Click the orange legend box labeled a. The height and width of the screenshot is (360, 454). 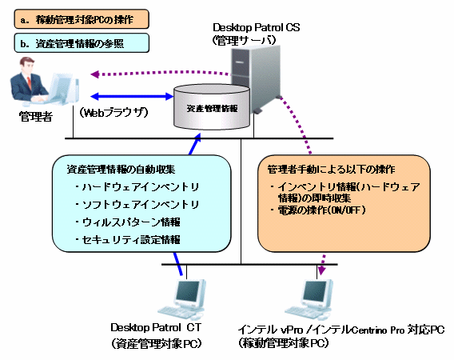[82, 19]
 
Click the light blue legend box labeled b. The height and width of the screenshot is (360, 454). [82, 43]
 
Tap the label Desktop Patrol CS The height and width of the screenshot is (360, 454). [257, 27]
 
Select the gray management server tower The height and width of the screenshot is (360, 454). [256, 78]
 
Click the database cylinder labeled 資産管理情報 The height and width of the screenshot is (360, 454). [211, 106]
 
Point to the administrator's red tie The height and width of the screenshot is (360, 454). [29, 82]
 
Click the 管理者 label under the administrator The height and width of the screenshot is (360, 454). [36, 117]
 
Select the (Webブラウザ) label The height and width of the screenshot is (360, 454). [113, 113]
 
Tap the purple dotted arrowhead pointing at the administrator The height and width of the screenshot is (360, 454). [94, 74]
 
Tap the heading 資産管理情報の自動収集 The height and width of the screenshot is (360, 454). [121, 169]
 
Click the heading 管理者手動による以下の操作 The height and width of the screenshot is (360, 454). [331, 169]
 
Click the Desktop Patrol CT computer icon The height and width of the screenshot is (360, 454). [182, 299]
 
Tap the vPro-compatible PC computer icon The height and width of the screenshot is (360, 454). [309, 299]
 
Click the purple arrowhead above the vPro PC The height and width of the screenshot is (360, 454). [321, 270]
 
